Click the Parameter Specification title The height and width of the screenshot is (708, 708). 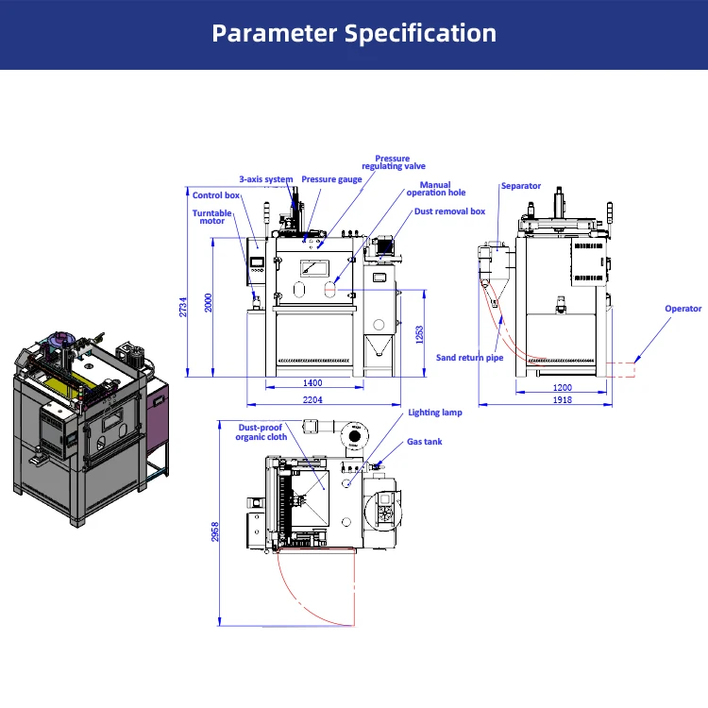click(354, 34)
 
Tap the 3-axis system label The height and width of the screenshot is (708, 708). click(265, 179)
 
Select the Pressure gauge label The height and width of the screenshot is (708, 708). click(331, 179)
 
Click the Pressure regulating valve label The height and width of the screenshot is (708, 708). click(394, 163)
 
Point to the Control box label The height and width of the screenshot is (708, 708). click(215, 196)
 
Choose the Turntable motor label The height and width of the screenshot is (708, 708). click(211, 217)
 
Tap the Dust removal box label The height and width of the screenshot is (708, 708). click(449, 211)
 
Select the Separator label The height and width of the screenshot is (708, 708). click(521, 186)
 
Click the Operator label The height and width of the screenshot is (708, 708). click(683, 309)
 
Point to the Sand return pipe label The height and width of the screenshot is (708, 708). click(469, 359)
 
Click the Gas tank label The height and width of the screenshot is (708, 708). click(424, 441)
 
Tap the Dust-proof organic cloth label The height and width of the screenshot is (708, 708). click(261, 432)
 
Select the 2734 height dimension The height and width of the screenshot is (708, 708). click(184, 307)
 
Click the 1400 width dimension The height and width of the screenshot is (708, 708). click(312, 382)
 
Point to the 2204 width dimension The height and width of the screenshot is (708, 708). click(312, 400)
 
